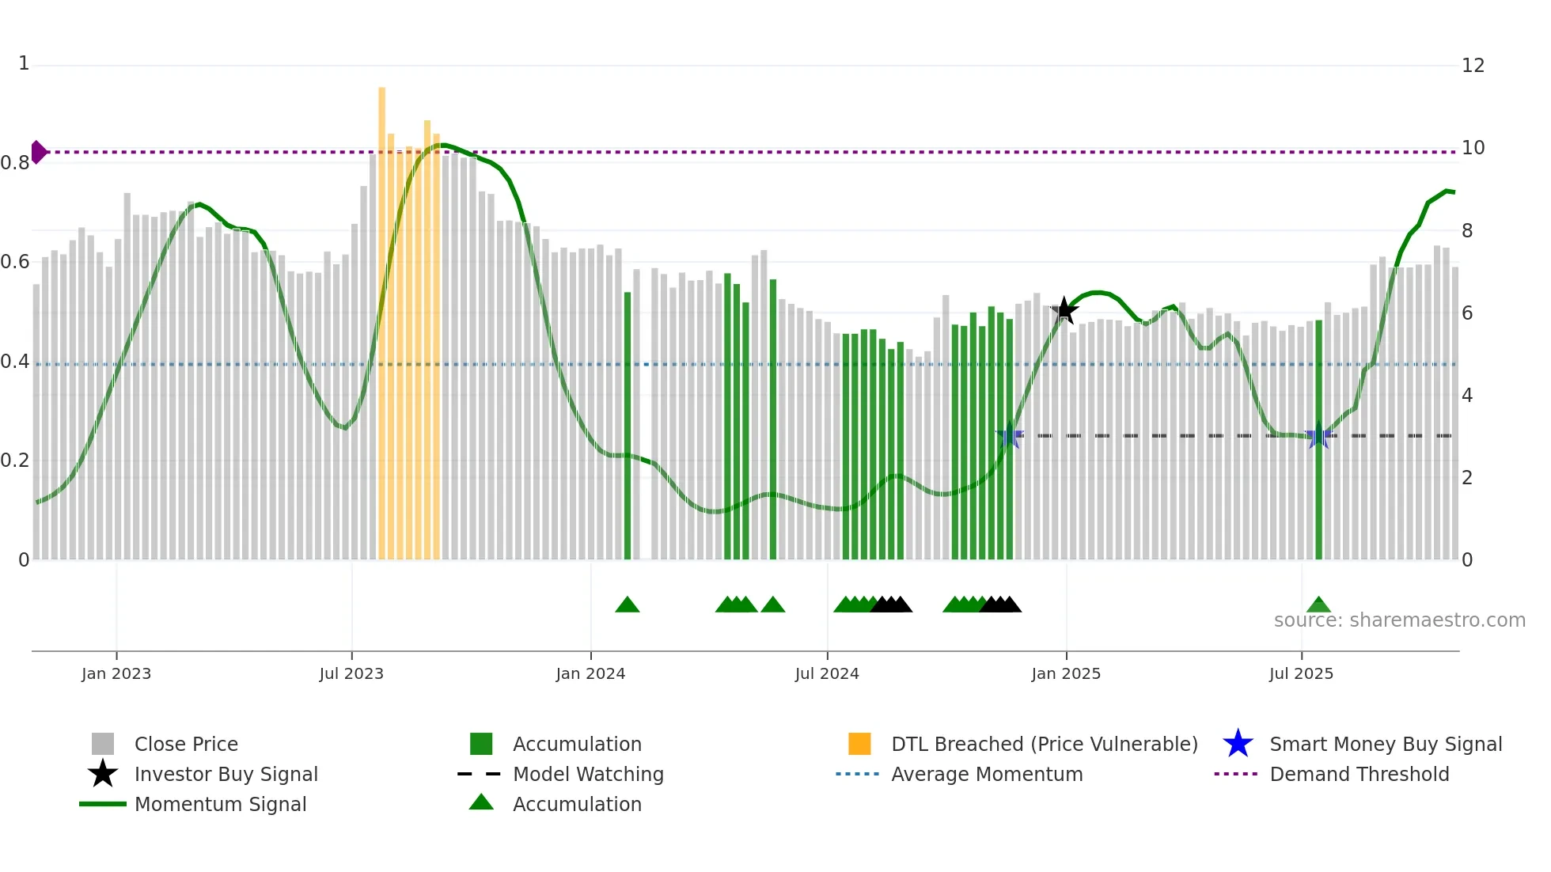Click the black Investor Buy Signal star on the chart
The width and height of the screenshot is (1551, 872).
pos(1064,310)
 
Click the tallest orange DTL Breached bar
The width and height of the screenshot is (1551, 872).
pos(382,317)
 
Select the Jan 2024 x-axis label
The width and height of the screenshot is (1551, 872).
pos(590,673)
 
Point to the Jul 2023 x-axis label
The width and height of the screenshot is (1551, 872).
pos(351,673)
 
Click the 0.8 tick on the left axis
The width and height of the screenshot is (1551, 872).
pos(15,163)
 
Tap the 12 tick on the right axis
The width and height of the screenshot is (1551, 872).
pos(1473,66)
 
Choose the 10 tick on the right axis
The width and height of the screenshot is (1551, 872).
pos(1473,148)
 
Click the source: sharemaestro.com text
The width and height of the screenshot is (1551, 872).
pos(1399,620)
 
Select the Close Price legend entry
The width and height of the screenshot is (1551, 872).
pos(186,744)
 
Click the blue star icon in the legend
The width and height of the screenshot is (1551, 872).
pos(1238,744)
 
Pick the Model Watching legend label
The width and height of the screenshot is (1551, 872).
pos(588,774)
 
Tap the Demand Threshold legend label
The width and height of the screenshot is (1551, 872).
pos(1359,774)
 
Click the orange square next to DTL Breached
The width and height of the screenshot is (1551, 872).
pos(859,744)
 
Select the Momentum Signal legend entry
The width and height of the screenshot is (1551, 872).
pos(220,804)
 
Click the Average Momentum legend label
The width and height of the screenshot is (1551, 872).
pos(987,774)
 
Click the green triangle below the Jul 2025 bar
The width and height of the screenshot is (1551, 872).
pos(1318,605)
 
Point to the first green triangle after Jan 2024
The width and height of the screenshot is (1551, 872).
pos(628,605)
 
